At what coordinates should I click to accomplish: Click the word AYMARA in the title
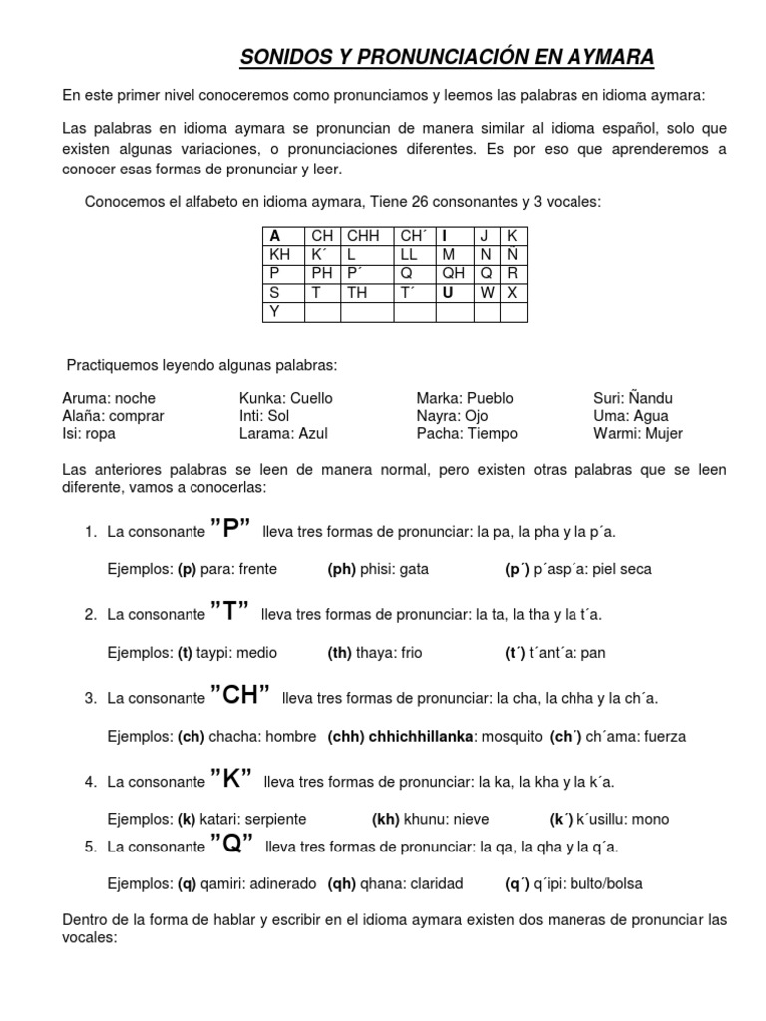pos(610,59)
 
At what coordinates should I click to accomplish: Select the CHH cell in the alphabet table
pos(360,236)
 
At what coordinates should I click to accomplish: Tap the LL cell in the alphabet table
pos(409,255)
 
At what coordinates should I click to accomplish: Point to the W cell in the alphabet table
pos(487,293)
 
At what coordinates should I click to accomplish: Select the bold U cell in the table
pos(448,293)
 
